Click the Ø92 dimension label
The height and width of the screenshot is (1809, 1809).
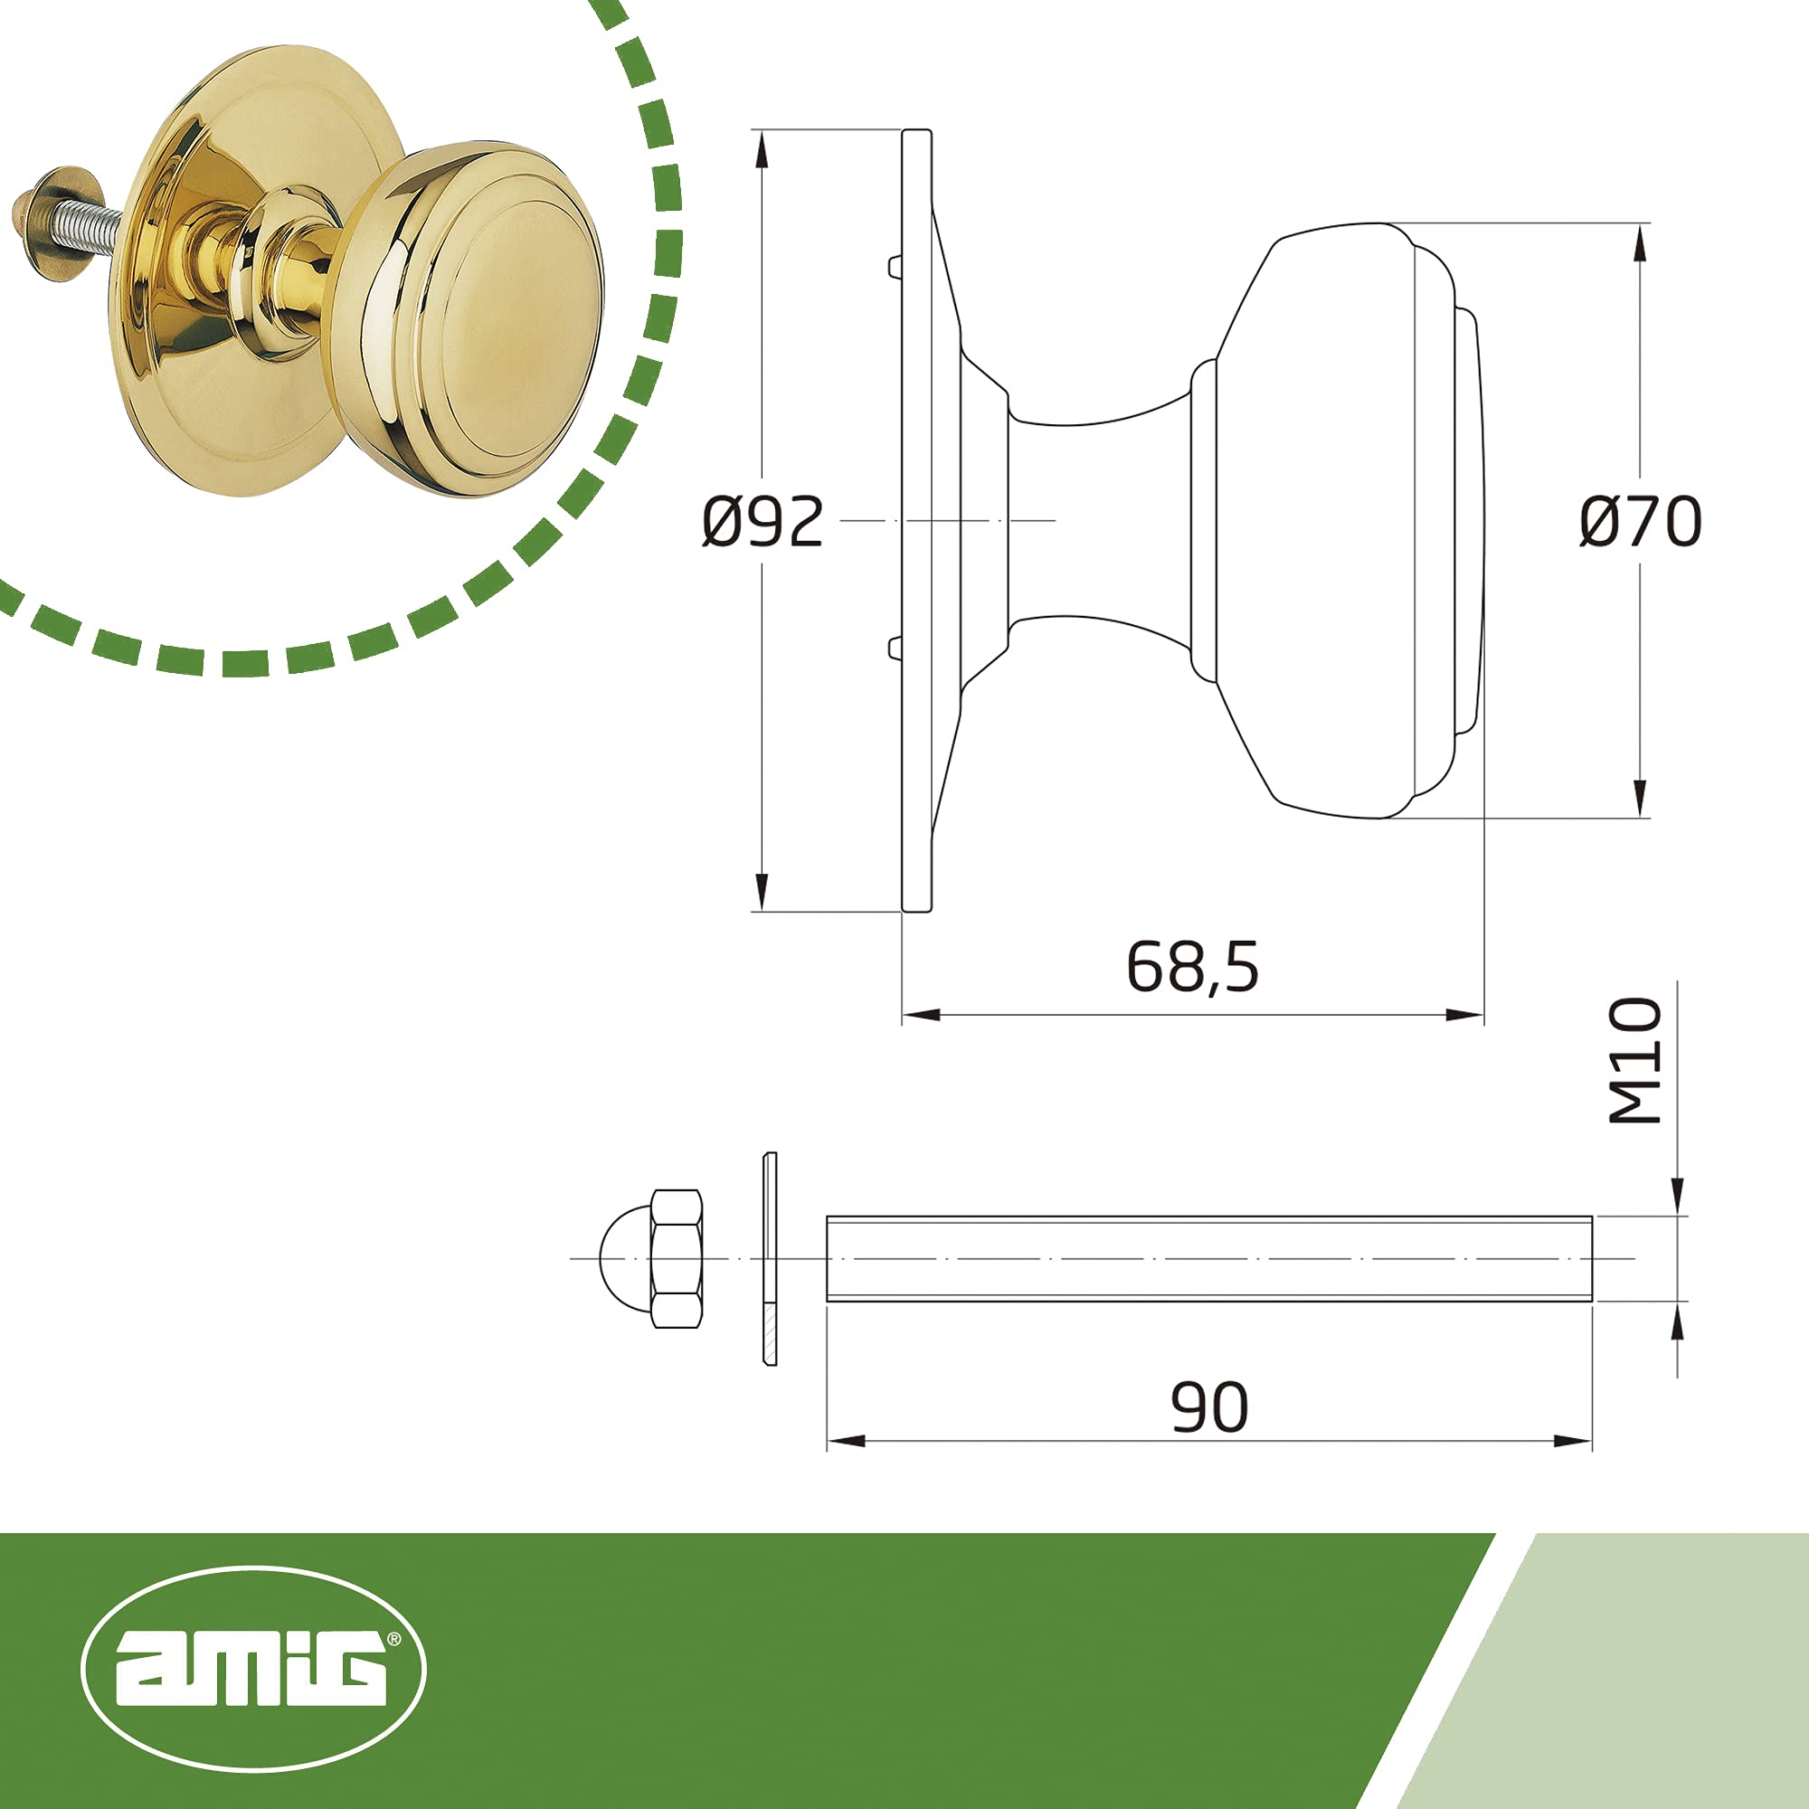point(763,522)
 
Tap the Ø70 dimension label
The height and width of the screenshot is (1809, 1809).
point(1641,522)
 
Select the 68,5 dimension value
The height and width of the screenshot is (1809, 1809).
point(1192,967)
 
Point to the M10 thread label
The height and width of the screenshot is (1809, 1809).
point(1634,1060)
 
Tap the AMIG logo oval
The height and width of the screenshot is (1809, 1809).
point(254,1670)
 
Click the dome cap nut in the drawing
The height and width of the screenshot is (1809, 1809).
point(650,1258)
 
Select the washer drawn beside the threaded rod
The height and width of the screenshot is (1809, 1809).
point(770,1258)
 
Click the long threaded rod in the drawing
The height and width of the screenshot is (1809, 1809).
point(1208,1258)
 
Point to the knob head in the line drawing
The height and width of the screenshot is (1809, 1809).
point(1339,521)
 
